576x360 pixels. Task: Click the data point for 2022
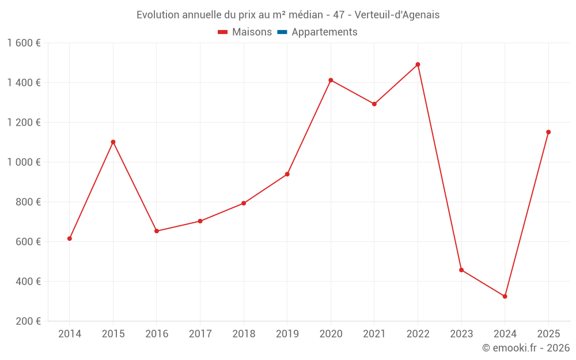click(x=418, y=65)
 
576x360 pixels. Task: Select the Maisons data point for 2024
click(x=505, y=297)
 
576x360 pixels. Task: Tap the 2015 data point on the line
click(x=113, y=142)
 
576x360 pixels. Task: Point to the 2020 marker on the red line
click(x=331, y=80)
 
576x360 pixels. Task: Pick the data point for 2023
click(x=461, y=270)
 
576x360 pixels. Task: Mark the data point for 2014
click(x=70, y=238)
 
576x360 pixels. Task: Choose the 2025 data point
click(x=548, y=132)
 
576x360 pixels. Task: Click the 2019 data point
click(x=287, y=174)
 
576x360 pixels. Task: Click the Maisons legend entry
click(x=245, y=32)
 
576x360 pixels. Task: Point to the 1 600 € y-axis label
click(x=24, y=43)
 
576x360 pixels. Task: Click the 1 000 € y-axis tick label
click(x=24, y=162)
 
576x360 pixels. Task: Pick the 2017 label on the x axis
click(x=200, y=334)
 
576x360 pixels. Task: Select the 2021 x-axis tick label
click(x=374, y=334)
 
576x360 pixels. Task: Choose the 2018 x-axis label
click(x=244, y=334)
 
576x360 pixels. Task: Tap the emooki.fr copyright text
click(x=526, y=348)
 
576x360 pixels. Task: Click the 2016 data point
click(x=157, y=231)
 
